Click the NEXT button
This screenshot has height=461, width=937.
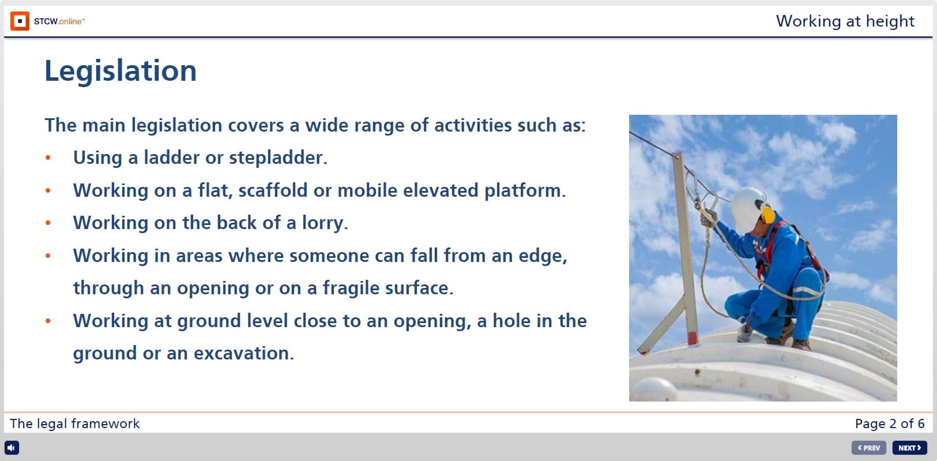click(x=909, y=448)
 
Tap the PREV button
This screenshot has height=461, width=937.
click(x=868, y=448)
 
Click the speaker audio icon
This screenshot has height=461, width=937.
click(x=12, y=448)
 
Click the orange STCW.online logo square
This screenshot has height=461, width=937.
click(x=20, y=21)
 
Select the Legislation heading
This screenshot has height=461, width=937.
click(x=121, y=71)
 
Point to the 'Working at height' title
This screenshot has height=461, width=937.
click(x=845, y=21)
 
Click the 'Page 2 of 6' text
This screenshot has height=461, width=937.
click(x=889, y=423)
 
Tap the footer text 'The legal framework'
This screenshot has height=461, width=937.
click(x=74, y=423)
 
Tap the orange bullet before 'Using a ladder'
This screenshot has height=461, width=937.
click(x=48, y=158)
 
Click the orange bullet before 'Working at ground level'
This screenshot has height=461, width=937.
click(x=48, y=321)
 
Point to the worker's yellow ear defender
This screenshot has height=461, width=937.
click(x=767, y=215)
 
